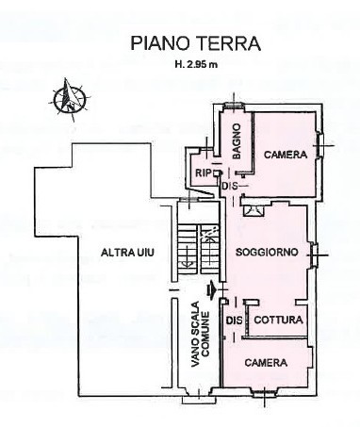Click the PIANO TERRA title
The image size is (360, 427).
195,43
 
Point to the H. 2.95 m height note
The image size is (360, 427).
196,65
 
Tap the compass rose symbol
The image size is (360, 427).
70,99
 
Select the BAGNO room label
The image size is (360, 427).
237,141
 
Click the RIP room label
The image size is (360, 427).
203,172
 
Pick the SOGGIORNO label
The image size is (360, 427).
267,252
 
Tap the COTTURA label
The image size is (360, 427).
278,320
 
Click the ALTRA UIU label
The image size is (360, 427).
127,253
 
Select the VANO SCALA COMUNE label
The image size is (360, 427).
200,334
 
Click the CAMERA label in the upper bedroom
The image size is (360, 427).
286,155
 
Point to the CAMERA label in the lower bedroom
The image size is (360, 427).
266,363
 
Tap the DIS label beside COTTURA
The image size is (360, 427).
235,320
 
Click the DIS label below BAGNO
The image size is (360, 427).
230,186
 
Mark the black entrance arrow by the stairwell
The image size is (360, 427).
211,289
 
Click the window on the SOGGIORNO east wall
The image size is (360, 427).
313,255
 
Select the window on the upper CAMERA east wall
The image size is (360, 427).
320,145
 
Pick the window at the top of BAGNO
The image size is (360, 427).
233,107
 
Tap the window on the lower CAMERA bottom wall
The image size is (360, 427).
264,392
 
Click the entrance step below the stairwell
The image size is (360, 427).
199,400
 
